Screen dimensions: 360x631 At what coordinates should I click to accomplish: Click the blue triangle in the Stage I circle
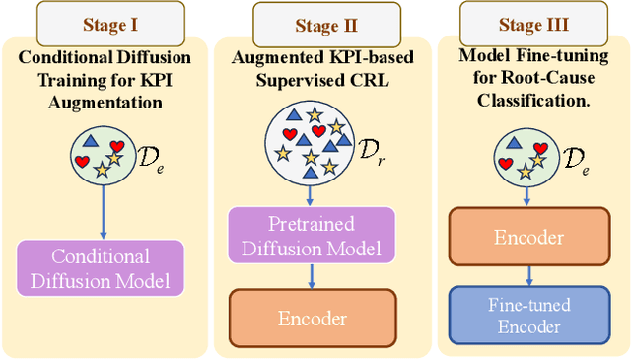(91, 142)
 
